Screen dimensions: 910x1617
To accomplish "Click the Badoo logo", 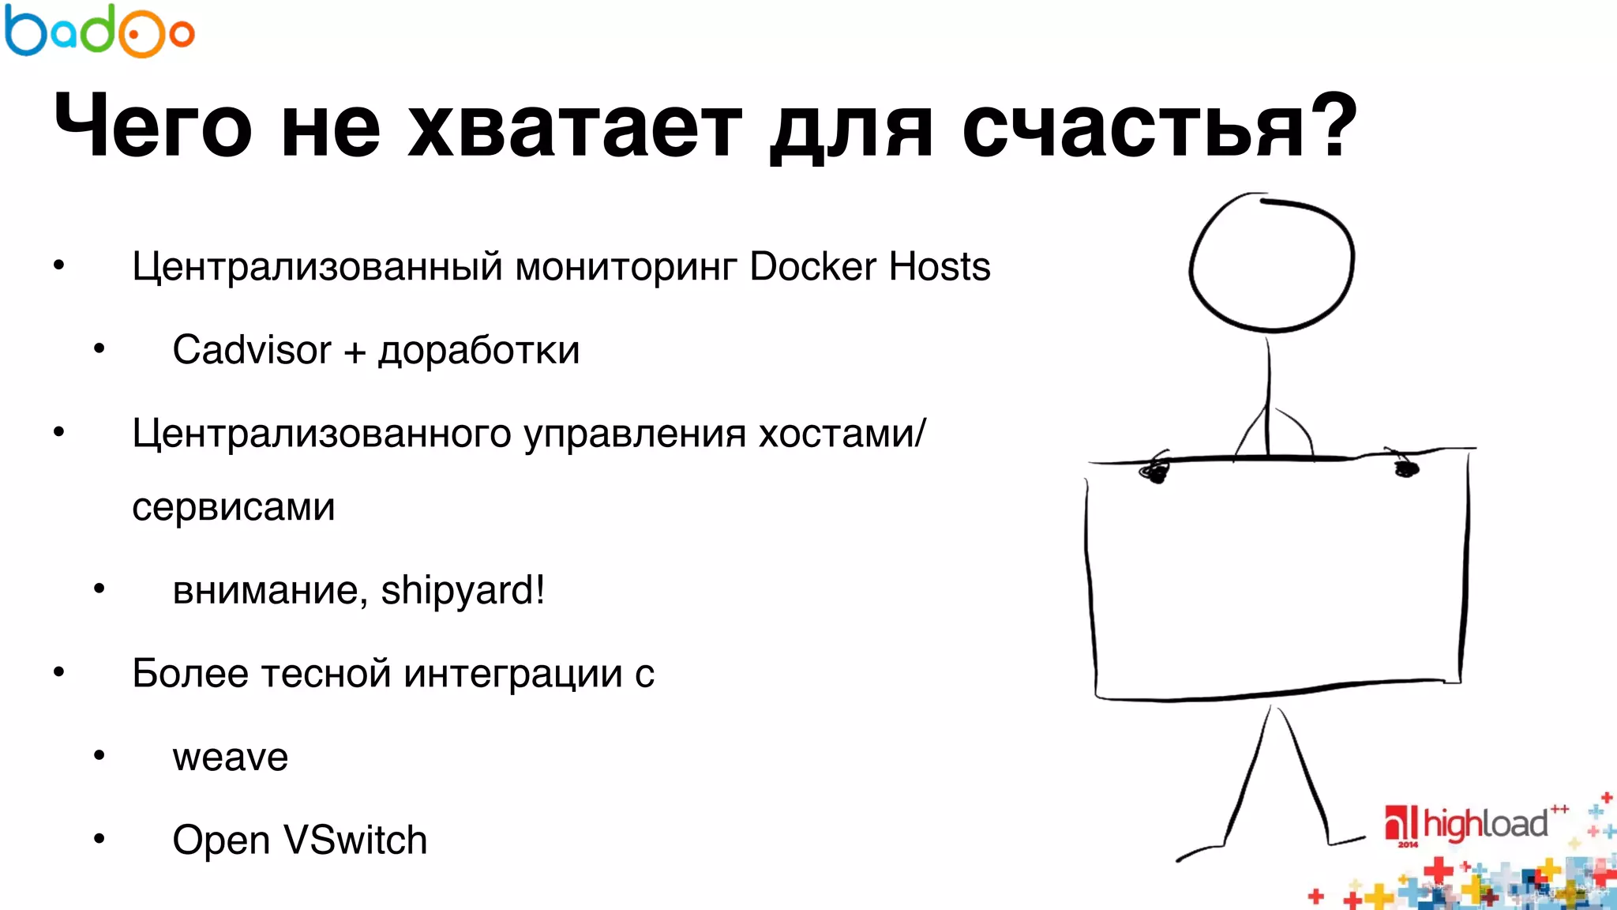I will (99, 32).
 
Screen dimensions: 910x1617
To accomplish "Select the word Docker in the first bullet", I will (813, 266).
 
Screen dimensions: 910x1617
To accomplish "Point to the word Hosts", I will (940, 266).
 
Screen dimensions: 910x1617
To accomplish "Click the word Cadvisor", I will (252, 350).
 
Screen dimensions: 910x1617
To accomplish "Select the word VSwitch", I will (355, 840).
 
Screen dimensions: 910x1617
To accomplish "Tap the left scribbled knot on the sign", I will (1154, 471).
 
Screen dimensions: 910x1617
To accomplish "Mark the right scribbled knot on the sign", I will (1405, 468).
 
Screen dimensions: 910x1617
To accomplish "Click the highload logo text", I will (1484, 824).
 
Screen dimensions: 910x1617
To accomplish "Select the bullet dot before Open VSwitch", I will (99, 839).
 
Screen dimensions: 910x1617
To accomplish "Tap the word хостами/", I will (842, 434).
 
